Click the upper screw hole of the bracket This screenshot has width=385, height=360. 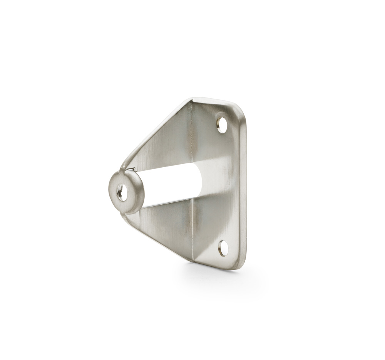222,125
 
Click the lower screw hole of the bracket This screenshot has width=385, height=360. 223,248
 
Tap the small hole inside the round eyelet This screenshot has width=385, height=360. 121,192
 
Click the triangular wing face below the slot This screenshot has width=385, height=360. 166,224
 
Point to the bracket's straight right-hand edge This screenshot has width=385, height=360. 243,185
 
